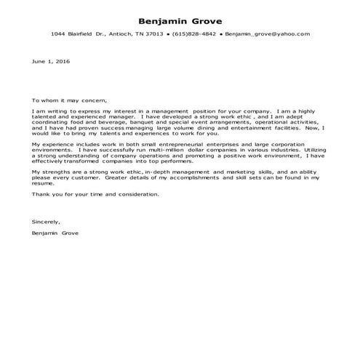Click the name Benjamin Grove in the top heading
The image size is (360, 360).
pos(180,20)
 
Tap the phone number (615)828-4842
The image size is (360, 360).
pos(194,34)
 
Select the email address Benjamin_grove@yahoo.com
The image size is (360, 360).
pos(267,34)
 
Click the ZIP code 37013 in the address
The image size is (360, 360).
pos(153,34)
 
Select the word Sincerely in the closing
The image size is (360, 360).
pos(46,221)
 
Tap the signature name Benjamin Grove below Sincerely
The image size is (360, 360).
pos(55,233)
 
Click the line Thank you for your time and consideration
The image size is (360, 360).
pos(95,194)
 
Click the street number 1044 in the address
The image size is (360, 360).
pos(58,34)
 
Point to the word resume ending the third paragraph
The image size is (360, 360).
pos(44,183)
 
